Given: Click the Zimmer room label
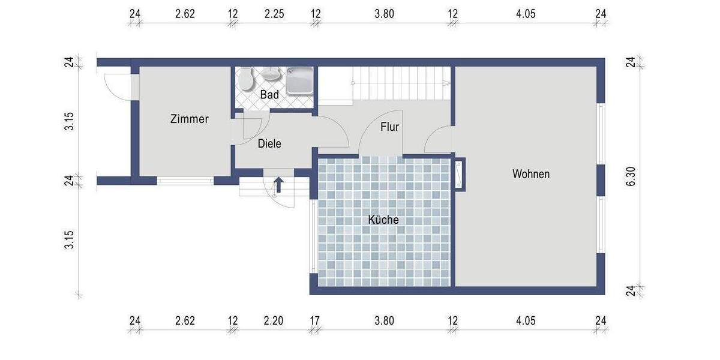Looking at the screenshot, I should coord(189,119).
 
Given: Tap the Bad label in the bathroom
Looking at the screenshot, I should coord(269,95).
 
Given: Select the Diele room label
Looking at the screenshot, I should coord(269,144).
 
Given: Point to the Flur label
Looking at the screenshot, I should coord(389,127).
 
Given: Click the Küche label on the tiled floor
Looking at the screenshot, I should coord(383,220).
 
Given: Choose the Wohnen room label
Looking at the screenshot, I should coord(530,175).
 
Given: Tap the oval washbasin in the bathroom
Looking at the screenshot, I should coord(272,74).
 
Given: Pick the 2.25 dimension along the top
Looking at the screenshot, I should coord(274,14).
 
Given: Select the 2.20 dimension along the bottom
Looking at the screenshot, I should coord(274,321).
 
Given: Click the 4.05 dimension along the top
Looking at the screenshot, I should coord(526,14).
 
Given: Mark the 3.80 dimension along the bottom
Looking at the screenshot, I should coord(384,321).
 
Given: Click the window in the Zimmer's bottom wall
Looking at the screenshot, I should coord(185,180).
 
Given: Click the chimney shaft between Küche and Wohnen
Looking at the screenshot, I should coord(459,174).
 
